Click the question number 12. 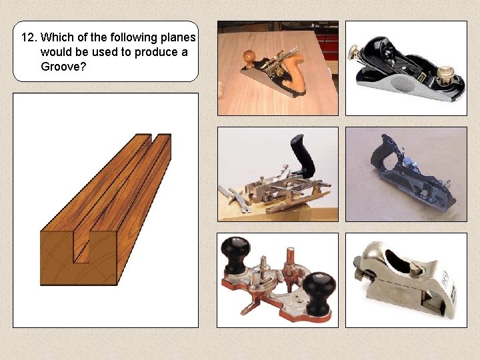tap(29, 37)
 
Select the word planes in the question tap(177, 37)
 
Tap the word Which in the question tap(57, 37)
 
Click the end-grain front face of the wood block tap(77, 257)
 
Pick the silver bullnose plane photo tap(406, 281)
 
